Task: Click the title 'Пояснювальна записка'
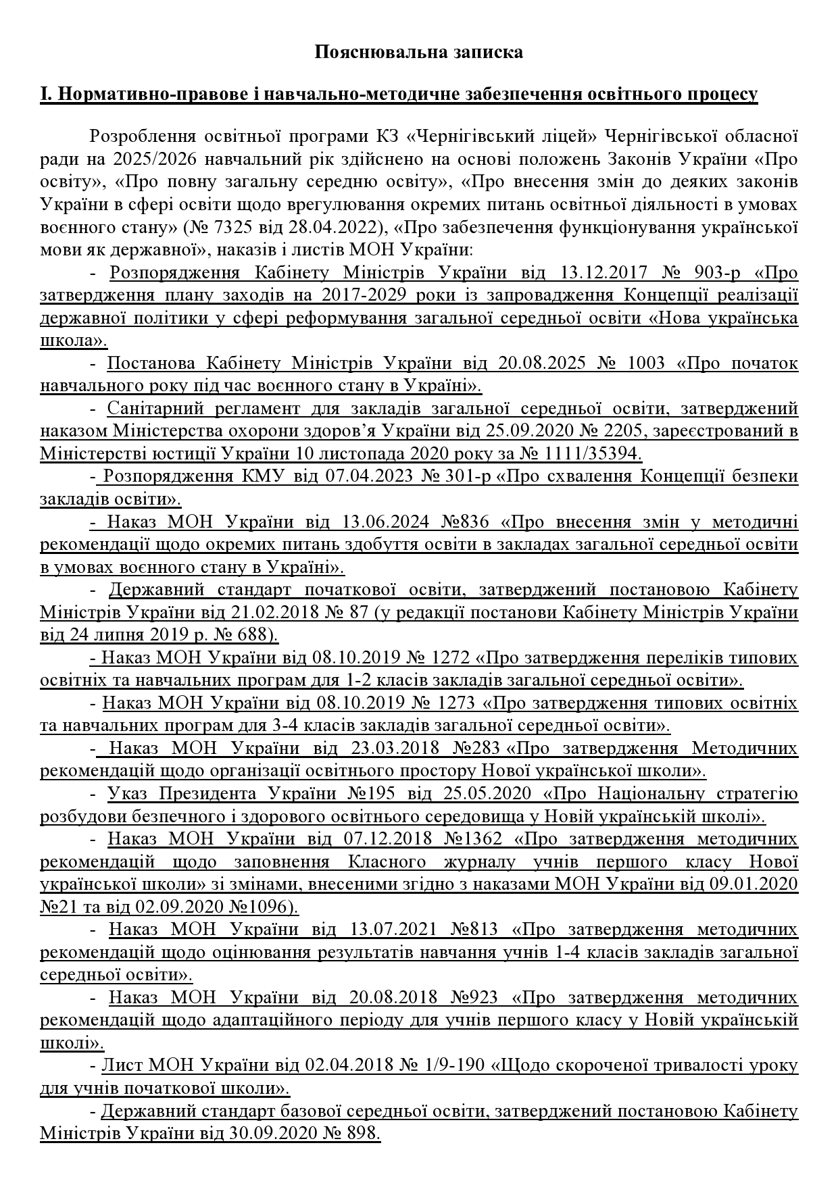[418, 52]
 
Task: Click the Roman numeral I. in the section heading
[45, 95]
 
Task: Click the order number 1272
[451, 658]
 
